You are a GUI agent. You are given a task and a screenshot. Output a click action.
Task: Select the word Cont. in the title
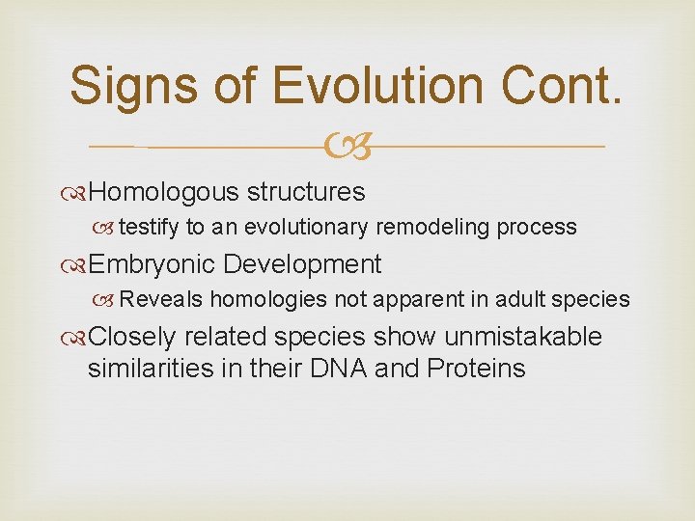564,85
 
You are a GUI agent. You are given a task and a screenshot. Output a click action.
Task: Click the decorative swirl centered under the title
347,147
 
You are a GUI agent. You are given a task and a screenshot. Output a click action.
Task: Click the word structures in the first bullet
306,192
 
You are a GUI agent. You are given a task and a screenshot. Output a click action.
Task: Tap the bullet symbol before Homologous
78,193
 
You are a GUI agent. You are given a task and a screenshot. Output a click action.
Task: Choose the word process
539,228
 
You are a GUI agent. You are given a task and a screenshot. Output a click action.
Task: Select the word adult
519,300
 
